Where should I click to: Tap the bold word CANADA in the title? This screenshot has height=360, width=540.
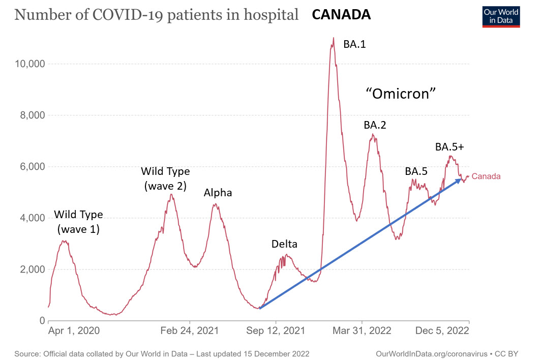(x=341, y=15)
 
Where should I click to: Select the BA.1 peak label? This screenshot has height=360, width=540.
(x=355, y=44)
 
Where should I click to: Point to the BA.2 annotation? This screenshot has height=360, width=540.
(x=375, y=125)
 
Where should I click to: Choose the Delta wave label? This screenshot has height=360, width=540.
(x=284, y=244)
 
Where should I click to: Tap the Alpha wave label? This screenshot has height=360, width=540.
(x=218, y=193)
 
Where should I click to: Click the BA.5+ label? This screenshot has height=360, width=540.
(x=449, y=147)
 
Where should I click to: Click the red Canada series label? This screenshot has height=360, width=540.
(x=486, y=176)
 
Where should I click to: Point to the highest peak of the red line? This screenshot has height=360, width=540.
(x=333, y=38)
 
